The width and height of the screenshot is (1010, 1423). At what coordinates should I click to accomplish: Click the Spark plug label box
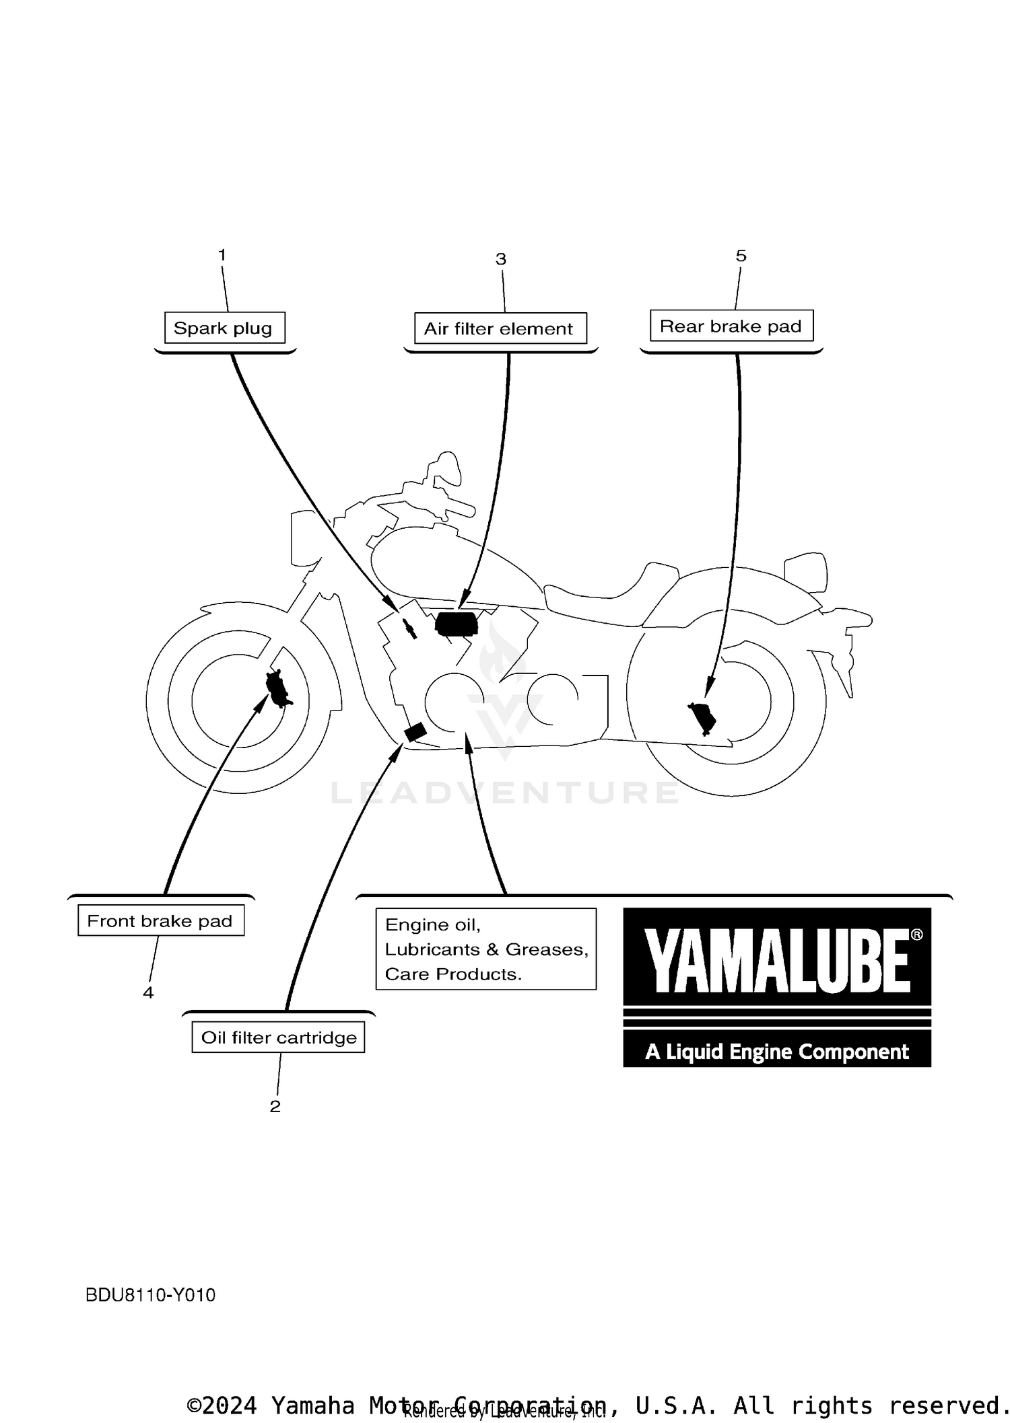point(224,328)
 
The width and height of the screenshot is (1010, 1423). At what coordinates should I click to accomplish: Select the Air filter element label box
point(500,328)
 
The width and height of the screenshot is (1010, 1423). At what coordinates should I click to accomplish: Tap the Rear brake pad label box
point(731,326)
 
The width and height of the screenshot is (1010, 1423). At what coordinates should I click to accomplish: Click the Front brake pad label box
point(160,920)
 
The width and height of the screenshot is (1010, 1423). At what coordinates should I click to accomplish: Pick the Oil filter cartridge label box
point(278,1037)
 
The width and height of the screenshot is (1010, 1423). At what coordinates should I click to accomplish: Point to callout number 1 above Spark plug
point(222,255)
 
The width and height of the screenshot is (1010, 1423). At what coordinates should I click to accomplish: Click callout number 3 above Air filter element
point(500,259)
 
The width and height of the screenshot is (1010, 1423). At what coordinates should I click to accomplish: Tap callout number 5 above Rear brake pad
point(741,256)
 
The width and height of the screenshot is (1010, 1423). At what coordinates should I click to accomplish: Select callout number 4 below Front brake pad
point(148,992)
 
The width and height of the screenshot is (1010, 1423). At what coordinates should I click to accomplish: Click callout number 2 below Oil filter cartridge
point(275,1106)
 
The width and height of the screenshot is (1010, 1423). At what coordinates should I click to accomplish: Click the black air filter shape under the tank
point(457,623)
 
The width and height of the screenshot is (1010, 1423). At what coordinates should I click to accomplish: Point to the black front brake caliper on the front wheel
point(277,688)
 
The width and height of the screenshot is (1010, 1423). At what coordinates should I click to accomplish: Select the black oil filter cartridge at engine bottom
point(415,731)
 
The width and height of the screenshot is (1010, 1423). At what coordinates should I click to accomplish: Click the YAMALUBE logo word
point(777,961)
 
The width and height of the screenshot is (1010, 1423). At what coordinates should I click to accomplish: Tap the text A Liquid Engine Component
point(777,1052)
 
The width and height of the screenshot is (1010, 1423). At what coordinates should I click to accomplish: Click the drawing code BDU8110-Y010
point(150,1295)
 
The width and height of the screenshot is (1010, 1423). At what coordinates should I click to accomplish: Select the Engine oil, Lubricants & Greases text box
point(485,949)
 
